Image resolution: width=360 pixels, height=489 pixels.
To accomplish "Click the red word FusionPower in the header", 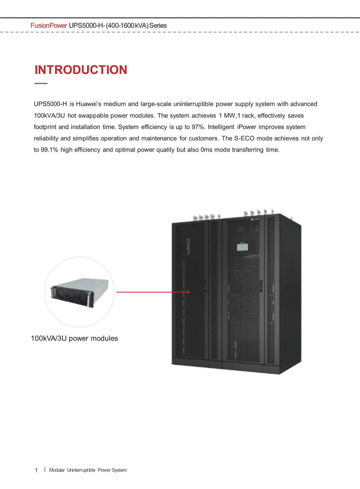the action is point(49,26).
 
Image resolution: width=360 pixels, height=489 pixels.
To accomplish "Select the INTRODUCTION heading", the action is point(81,70).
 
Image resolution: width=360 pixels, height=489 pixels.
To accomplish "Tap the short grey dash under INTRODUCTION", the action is point(41,83).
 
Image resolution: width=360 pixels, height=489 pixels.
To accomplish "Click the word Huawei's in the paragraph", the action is point(88,104).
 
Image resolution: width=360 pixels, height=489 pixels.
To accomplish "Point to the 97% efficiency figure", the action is point(198,127).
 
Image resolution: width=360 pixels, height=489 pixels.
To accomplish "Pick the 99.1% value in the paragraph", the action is point(49,150).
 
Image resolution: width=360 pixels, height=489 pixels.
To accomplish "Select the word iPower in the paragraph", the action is point(247,127).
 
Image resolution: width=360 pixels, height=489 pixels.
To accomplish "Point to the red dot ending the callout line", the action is point(188,292).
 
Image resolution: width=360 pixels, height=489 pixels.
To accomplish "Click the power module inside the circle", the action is point(79,292).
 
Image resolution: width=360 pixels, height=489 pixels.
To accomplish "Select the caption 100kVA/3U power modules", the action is point(74,338).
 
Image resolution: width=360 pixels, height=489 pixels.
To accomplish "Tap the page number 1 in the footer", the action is point(36,470).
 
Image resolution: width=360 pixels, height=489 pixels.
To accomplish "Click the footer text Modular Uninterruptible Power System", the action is point(88,470).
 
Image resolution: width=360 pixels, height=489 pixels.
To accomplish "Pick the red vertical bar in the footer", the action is point(45,469).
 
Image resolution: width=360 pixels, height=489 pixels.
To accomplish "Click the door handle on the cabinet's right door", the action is point(261,286).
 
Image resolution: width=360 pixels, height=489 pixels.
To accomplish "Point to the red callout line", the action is point(152,292).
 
